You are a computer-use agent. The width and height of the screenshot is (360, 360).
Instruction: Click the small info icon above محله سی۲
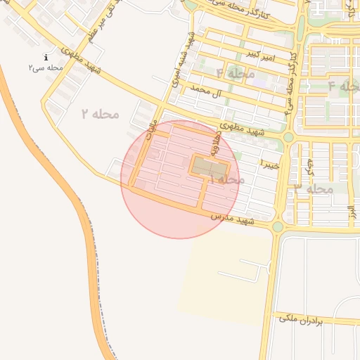click(x=46, y=58)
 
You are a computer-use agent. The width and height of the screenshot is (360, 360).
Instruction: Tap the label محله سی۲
click(x=46, y=68)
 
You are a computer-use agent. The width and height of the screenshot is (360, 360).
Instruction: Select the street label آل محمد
click(x=215, y=91)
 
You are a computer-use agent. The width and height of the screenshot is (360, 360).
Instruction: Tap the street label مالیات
click(x=150, y=130)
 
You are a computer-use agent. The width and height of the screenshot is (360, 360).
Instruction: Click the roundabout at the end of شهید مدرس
click(x=278, y=226)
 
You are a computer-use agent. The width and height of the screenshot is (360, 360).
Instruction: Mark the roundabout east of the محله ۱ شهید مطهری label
click(x=288, y=137)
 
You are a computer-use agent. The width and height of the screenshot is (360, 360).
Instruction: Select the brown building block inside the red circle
click(x=210, y=167)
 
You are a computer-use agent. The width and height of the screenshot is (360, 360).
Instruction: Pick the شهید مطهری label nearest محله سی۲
click(x=82, y=60)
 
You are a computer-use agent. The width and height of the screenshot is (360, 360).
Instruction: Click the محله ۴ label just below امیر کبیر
click(x=230, y=73)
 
